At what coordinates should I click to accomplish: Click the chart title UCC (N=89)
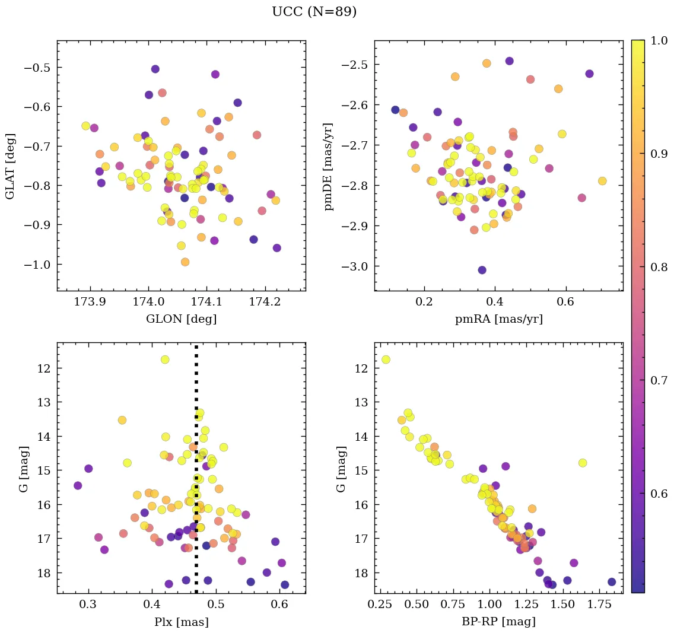pyautogui.click(x=314, y=12)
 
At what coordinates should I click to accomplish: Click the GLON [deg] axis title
pyautogui.click(x=181, y=319)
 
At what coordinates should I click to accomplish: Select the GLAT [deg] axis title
pyautogui.click(x=11, y=166)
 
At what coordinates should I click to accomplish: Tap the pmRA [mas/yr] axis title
pyautogui.click(x=498, y=319)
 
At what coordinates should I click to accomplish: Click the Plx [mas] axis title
pyautogui.click(x=181, y=622)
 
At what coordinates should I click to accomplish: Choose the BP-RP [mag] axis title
pyautogui.click(x=498, y=622)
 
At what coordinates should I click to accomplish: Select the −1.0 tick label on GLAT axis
pyautogui.click(x=36, y=265)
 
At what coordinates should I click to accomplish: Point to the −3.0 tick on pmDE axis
pyautogui.click(x=354, y=266)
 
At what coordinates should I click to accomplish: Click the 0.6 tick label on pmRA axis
pyautogui.click(x=565, y=302)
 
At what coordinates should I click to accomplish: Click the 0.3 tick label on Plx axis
pyautogui.click(x=88, y=605)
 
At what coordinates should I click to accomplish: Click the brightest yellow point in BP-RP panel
pyautogui.click(x=386, y=360)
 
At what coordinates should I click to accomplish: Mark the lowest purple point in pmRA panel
pyautogui.click(x=482, y=270)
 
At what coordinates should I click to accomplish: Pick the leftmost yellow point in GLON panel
pyautogui.click(x=86, y=126)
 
